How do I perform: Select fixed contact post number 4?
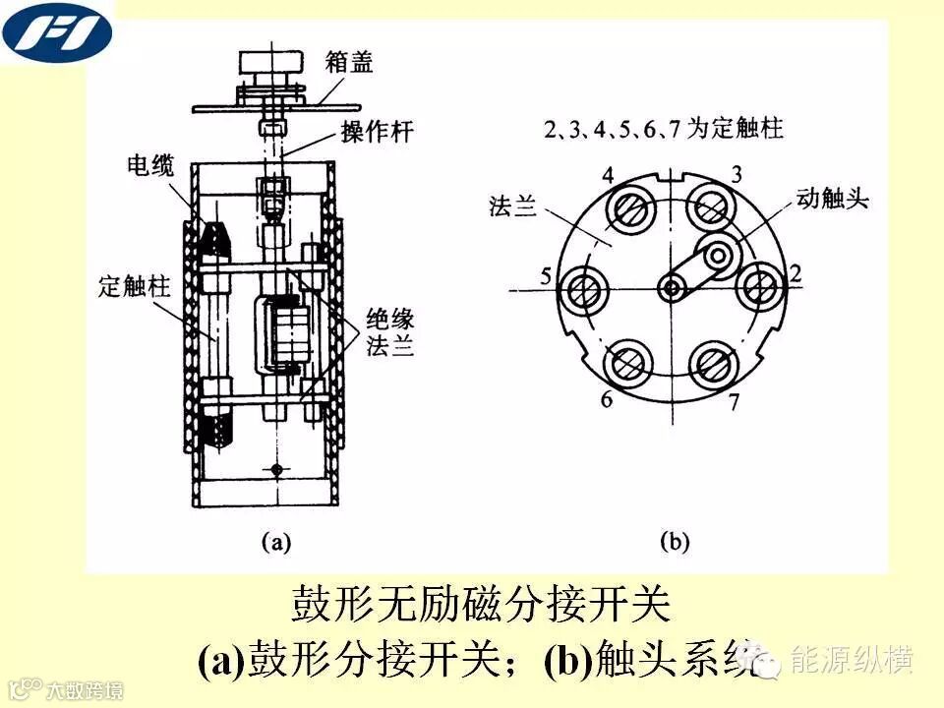tap(627, 208)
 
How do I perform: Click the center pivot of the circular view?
tap(673, 288)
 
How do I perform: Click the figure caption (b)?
tap(674, 540)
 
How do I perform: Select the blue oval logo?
tap(57, 30)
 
